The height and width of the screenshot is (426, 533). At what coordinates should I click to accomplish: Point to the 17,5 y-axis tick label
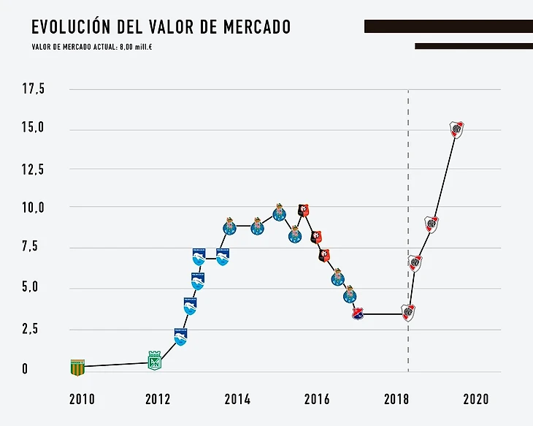34,90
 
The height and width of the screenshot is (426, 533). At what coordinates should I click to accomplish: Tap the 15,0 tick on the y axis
34,128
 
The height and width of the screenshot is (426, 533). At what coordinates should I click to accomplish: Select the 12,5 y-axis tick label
34,170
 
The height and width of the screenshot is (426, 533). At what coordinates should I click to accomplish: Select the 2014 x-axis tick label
237,399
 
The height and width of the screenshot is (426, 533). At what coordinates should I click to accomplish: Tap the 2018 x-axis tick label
396,399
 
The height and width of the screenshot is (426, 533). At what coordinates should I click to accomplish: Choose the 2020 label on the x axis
475,399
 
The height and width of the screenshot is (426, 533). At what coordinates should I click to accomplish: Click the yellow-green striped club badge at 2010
77,368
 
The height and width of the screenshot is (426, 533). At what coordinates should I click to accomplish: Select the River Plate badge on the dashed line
408,313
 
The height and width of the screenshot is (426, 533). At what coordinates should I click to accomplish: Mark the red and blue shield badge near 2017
358,313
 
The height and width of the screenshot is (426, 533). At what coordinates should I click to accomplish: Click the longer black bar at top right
448,26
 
